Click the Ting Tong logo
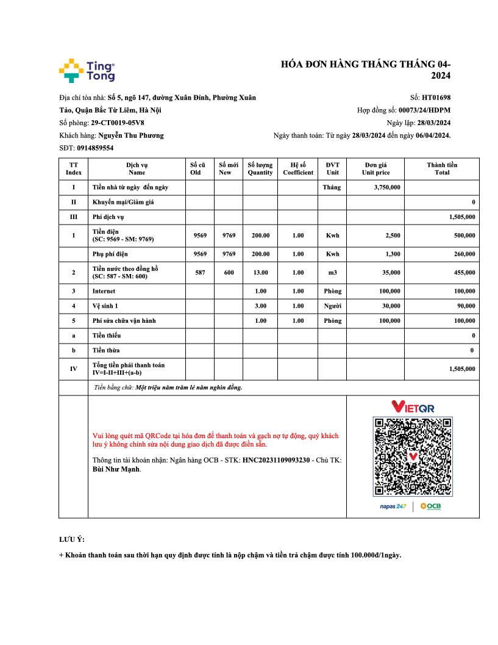click(87, 71)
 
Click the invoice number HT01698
click(436, 98)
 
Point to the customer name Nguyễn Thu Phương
click(131, 135)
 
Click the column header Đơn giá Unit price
click(375, 168)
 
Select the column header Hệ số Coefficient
click(298, 168)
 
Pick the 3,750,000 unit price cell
click(387, 187)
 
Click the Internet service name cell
click(104, 291)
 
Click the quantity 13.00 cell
click(260, 273)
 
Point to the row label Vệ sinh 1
click(105, 306)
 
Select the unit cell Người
click(332, 306)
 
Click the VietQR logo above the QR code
click(413, 406)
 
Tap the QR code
click(413, 456)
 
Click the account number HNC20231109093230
click(276, 459)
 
